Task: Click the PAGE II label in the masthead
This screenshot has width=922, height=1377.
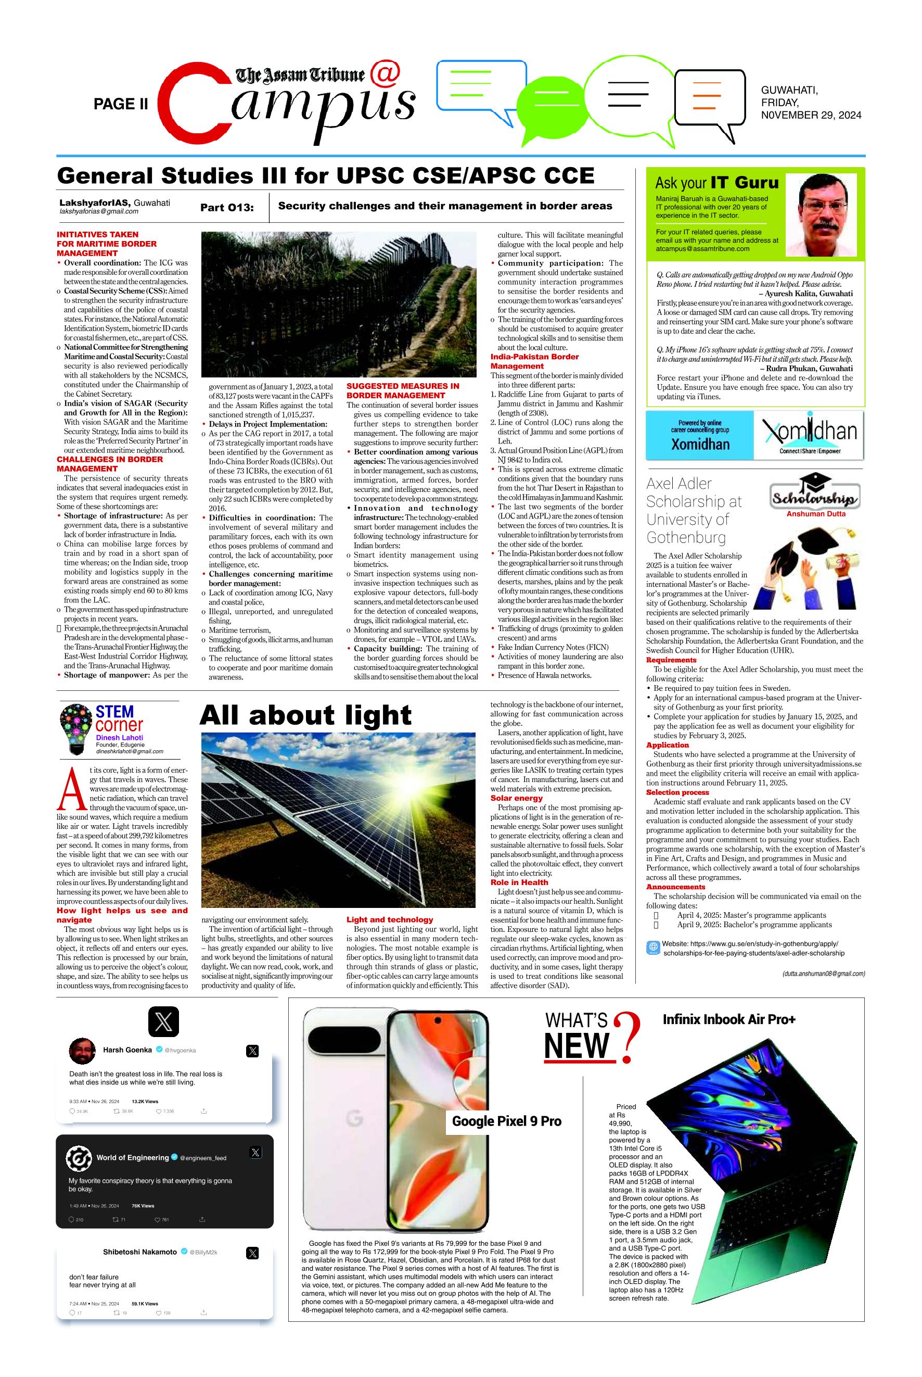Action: [x=121, y=104]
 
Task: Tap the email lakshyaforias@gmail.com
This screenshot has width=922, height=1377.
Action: [x=99, y=212]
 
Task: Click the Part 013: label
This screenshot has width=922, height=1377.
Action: [x=226, y=208]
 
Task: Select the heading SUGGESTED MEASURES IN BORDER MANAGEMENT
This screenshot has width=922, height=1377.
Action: [x=403, y=390]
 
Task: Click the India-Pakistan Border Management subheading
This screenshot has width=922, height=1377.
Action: [x=534, y=361]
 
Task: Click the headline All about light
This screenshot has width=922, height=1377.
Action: [x=305, y=715]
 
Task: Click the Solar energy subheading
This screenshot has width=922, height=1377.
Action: [x=516, y=798]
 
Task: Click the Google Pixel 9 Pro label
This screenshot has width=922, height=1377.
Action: [x=506, y=1122]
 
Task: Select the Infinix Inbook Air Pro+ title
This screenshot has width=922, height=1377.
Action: [x=728, y=1019]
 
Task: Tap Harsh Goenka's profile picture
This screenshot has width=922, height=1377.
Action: [x=82, y=1052]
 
